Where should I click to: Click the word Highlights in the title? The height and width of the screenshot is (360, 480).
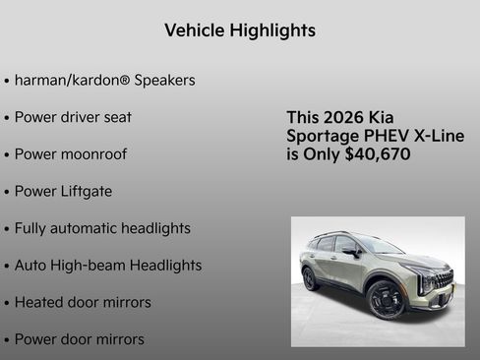pos(273,30)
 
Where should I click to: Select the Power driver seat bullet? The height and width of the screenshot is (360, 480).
pos(73,117)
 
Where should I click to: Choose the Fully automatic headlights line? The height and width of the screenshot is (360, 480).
pos(102,228)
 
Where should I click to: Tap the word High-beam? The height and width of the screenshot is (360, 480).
pos(99,266)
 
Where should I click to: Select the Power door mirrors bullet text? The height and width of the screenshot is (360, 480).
pos(79,339)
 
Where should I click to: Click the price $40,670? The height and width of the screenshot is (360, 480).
pos(378,154)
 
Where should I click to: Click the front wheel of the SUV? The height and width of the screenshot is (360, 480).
pos(385,299)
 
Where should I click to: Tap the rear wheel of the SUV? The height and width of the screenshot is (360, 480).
pos(311,278)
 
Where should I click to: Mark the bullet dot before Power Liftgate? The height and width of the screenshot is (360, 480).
pos(8,192)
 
